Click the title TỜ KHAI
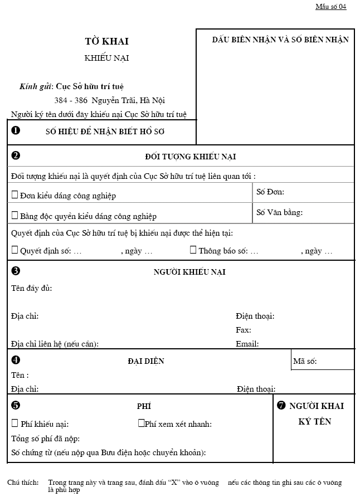(106, 41)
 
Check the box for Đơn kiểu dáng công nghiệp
(14, 195)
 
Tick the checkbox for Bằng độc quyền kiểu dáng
(14, 215)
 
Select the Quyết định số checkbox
(14, 250)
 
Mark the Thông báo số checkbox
(193, 250)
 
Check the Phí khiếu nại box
(14, 423)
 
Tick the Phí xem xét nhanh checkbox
(142, 423)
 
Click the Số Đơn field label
(270, 192)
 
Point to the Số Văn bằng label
(279, 212)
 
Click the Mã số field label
(305, 362)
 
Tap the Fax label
(243, 330)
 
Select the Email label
(247, 344)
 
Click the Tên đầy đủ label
(31, 288)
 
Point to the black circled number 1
(16, 130)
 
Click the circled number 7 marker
(281, 406)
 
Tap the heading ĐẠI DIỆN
(146, 361)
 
